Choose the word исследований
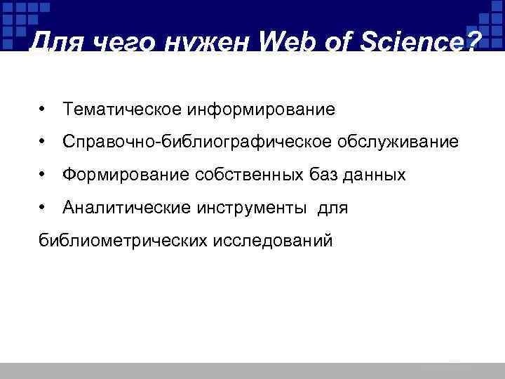273,241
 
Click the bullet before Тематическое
43,109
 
